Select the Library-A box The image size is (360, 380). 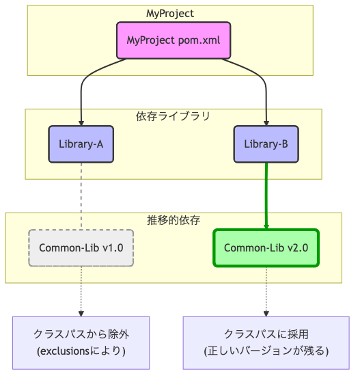(81, 144)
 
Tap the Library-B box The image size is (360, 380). (266, 144)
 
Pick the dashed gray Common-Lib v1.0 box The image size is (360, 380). (81, 247)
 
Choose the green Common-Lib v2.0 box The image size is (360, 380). (266, 247)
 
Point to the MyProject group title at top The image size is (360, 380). (170, 14)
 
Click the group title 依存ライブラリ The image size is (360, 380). (173, 116)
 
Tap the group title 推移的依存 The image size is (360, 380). (173, 220)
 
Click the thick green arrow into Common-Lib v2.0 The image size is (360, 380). (266, 195)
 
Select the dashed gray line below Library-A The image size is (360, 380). (81, 195)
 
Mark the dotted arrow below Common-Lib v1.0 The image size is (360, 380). (81, 290)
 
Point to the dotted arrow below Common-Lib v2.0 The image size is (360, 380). (266, 290)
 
